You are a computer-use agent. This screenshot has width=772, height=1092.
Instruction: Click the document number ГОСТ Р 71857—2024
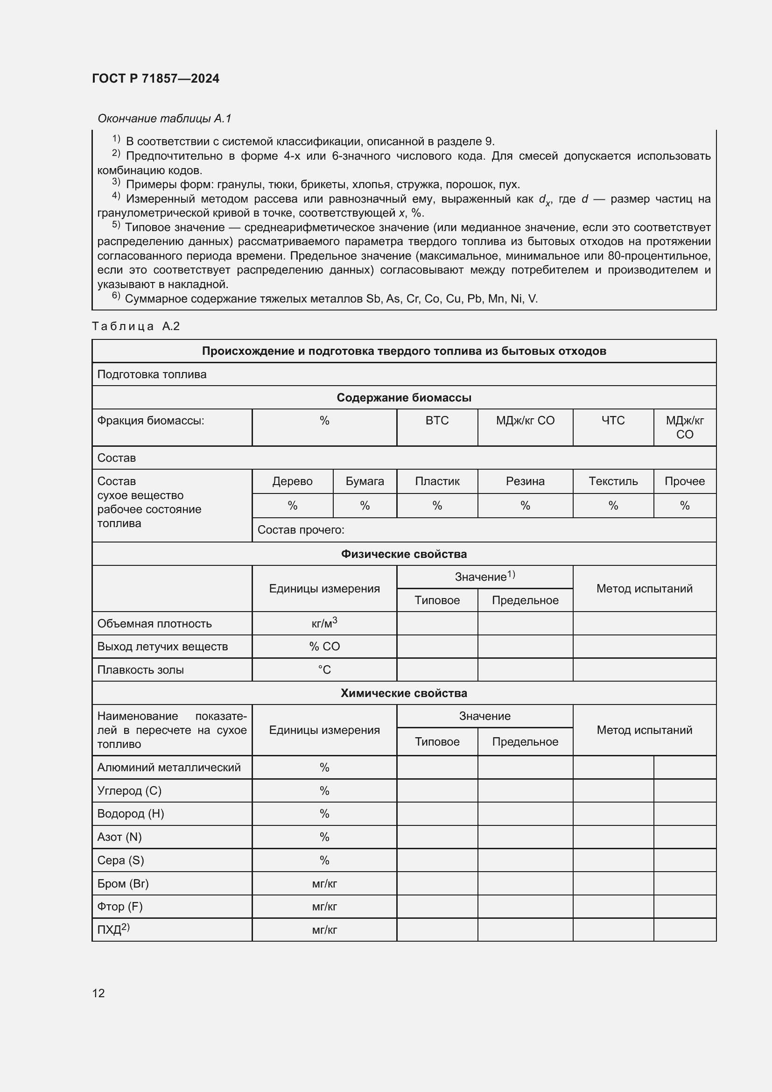[x=155, y=78]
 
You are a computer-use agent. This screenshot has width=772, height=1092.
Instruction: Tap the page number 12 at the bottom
[x=98, y=993]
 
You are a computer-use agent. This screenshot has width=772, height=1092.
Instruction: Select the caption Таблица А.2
[x=135, y=326]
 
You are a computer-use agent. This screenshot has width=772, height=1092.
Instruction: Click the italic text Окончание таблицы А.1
[x=164, y=119]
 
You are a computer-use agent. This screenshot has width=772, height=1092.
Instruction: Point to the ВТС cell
[x=437, y=421]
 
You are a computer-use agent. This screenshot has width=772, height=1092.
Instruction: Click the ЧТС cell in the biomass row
[x=613, y=421]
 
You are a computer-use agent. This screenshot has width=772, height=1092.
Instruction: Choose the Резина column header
[x=525, y=481]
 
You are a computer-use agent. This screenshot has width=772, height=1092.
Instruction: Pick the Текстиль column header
[x=613, y=481]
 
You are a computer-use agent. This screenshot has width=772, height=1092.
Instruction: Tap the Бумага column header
[x=365, y=481]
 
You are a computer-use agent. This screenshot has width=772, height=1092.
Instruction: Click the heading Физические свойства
[x=404, y=554]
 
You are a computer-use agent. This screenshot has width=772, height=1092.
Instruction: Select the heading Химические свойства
[x=404, y=693]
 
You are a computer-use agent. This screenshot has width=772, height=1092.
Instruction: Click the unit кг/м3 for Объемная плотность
[x=324, y=623]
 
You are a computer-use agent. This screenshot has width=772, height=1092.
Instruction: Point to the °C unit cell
[x=324, y=669]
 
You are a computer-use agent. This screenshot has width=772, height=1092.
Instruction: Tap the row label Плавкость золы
[x=140, y=669]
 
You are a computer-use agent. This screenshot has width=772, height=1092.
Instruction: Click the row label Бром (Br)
[x=123, y=883]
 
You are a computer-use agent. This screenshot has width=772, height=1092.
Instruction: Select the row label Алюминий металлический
[x=169, y=767]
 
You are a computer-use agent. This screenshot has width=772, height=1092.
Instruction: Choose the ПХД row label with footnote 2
[x=113, y=930]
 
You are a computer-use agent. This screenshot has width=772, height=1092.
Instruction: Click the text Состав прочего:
[x=301, y=530]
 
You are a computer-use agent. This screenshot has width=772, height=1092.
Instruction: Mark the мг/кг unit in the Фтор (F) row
[x=324, y=907]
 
